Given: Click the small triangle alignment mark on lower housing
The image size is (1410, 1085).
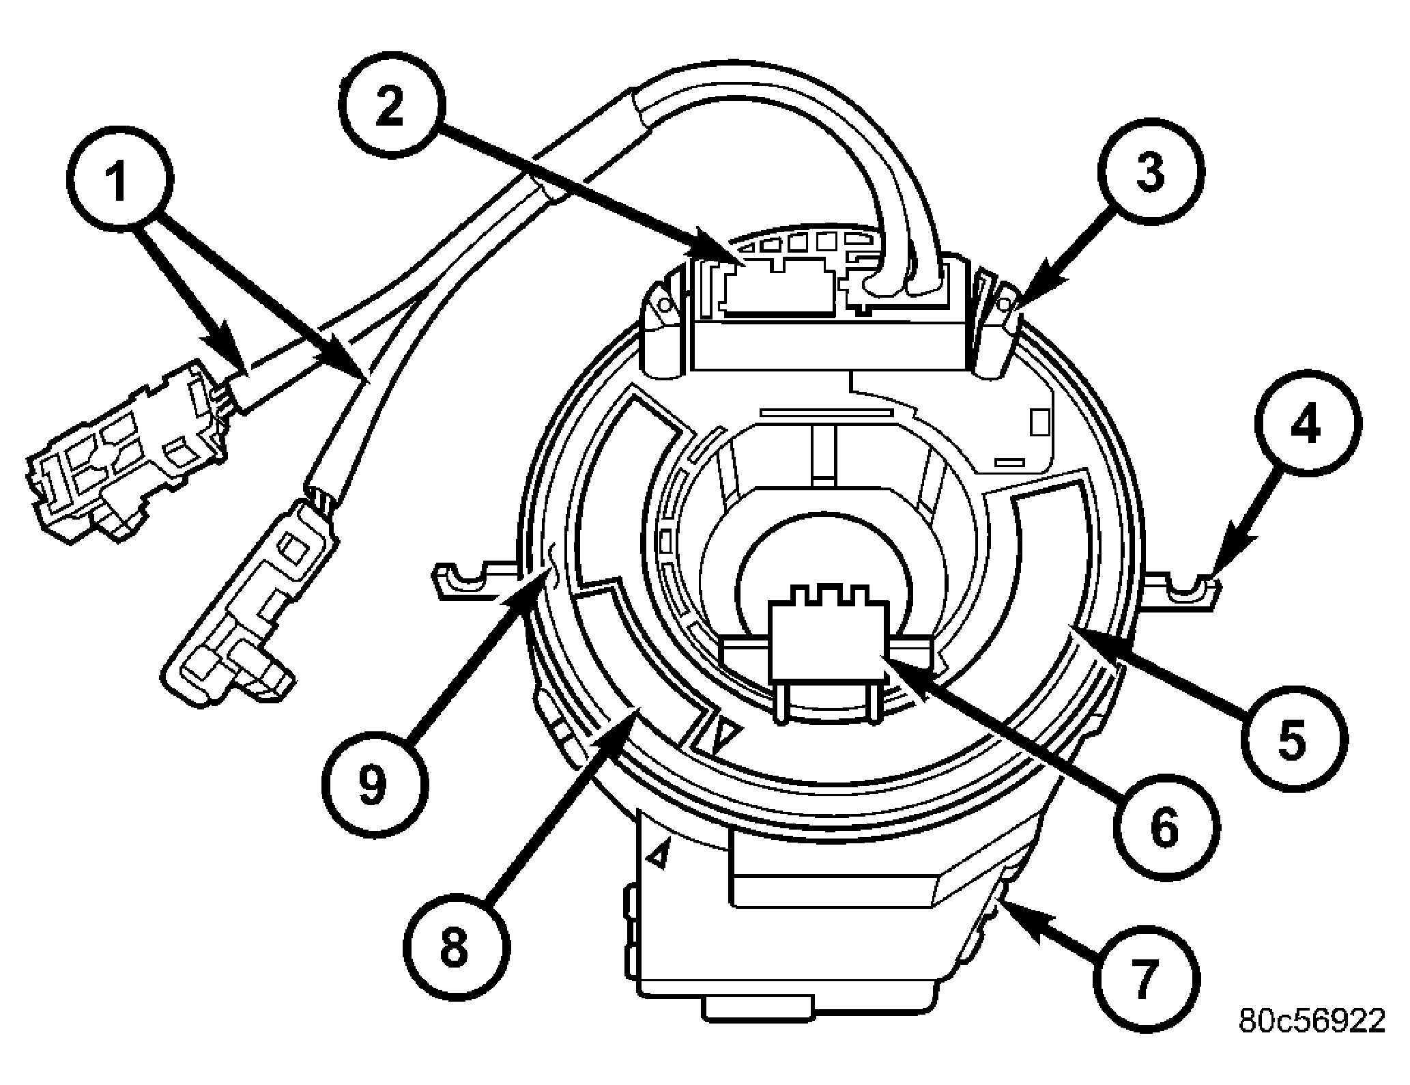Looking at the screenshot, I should [659, 853].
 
